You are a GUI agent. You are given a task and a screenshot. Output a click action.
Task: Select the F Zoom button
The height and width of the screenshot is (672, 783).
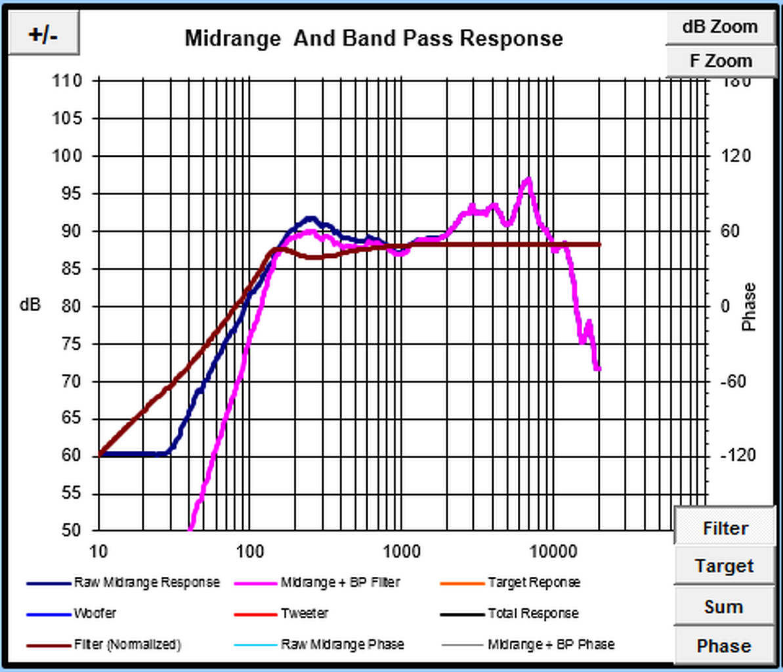tap(720, 61)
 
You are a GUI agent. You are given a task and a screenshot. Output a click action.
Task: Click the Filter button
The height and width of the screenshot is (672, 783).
tap(725, 528)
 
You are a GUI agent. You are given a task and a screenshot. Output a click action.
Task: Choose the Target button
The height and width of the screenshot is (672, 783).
tap(725, 566)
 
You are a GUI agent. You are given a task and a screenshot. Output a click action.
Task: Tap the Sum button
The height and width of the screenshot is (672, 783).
tap(723, 607)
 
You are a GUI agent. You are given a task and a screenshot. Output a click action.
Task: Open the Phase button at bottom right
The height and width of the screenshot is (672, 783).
tap(723, 646)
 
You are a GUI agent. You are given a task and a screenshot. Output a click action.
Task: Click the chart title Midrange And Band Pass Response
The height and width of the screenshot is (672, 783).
tap(373, 38)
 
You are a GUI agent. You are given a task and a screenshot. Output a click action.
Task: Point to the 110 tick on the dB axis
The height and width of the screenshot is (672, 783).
tap(68, 81)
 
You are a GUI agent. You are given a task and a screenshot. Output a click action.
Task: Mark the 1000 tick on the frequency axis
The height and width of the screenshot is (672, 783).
tap(401, 551)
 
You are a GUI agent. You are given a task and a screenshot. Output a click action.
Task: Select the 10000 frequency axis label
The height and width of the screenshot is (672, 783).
tap(552, 551)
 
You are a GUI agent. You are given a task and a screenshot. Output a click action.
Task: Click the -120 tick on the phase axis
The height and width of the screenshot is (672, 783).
tap(738, 455)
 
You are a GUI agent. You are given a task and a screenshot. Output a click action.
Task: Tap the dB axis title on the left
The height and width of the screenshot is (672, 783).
tap(30, 305)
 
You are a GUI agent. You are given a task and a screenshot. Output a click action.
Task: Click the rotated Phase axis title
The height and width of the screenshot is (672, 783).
tap(749, 306)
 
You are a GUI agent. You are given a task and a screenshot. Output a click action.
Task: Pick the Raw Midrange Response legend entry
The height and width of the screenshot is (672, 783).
tap(146, 583)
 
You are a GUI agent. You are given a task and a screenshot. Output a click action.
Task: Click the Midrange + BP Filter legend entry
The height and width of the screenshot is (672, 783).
tap(340, 583)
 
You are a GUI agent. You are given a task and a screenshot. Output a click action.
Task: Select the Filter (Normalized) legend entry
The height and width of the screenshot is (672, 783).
tap(127, 645)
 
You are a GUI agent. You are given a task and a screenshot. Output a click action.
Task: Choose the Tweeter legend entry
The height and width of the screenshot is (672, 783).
tap(305, 614)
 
